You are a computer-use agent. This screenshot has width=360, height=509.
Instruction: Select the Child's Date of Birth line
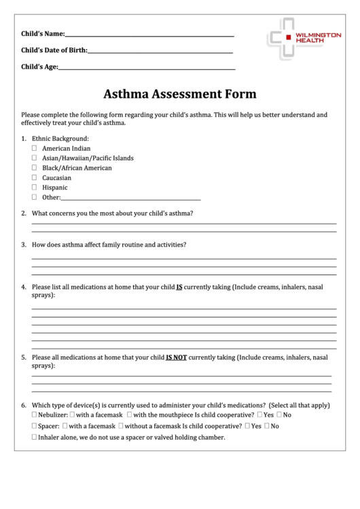coord(160,52)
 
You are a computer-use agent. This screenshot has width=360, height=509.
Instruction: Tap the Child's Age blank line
coord(147,69)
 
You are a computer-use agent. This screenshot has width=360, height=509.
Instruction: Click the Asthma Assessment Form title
coord(180,94)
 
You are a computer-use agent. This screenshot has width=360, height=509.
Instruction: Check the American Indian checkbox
coord(35,148)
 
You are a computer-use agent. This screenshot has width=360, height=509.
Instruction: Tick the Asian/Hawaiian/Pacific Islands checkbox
coord(35,158)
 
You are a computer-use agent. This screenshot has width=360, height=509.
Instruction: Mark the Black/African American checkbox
coord(35,168)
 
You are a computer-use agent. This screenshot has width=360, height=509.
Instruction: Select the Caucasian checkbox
coord(35,178)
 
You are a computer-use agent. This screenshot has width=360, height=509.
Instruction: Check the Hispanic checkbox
coord(35,188)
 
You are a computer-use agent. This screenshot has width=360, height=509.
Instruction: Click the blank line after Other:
coord(131,199)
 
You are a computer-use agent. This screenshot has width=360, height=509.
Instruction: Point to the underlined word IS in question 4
coord(179,287)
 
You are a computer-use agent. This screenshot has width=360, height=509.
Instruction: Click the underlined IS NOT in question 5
coord(176,357)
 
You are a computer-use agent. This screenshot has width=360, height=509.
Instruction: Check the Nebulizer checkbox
coord(35,415)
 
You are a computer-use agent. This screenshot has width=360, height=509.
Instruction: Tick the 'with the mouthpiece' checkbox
coord(129,415)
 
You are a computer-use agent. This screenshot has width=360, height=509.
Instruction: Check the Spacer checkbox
coord(35,426)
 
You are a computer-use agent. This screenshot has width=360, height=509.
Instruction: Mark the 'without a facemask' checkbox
coord(120,426)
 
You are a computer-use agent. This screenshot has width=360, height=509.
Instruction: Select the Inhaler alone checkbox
coord(35,438)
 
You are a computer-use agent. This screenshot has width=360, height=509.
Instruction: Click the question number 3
coord(24,245)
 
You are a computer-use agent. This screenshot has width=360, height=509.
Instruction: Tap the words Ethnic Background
coord(60,139)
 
